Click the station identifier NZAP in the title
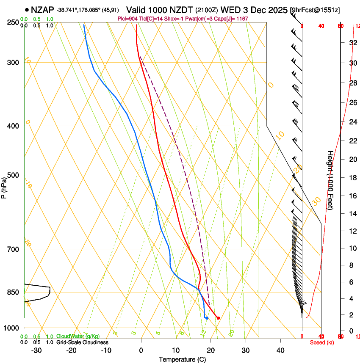point(43,10)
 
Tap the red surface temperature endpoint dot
point(218,318)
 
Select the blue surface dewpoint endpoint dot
point(207,318)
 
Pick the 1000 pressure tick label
point(12,328)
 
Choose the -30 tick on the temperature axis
point(36,350)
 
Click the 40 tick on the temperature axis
point(280,350)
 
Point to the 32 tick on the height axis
point(352,43)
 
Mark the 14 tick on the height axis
point(352,214)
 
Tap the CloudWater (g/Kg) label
point(78,336)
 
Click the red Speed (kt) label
point(322,342)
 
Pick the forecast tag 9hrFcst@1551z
point(316,10)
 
